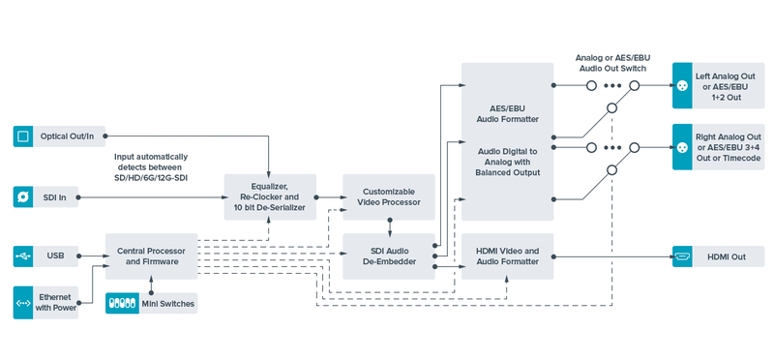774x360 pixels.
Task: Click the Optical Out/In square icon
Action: point(23,135)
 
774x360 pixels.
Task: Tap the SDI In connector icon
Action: point(23,197)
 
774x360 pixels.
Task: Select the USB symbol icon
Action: point(23,256)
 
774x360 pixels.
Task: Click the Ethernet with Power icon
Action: point(23,303)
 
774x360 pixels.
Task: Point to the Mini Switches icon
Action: point(122,303)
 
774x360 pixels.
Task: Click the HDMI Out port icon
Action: point(683,256)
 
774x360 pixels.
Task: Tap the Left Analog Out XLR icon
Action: point(683,85)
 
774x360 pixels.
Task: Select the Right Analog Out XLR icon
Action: point(683,147)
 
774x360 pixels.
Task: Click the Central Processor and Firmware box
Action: point(152,256)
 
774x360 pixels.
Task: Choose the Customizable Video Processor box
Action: point(389,197)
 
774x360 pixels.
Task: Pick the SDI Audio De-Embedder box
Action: point(389,256)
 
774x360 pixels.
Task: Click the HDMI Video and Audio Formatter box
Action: point(507,256)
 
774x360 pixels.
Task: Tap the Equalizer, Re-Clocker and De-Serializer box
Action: point(270,197)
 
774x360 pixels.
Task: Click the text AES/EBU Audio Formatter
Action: point(507,114)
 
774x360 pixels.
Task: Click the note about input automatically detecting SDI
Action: point(151,167)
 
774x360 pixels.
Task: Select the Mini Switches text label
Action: point(167,304)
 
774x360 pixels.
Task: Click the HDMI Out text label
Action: point(727,256)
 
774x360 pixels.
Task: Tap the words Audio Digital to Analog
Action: point(507,157)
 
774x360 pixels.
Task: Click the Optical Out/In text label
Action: point(67,135)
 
